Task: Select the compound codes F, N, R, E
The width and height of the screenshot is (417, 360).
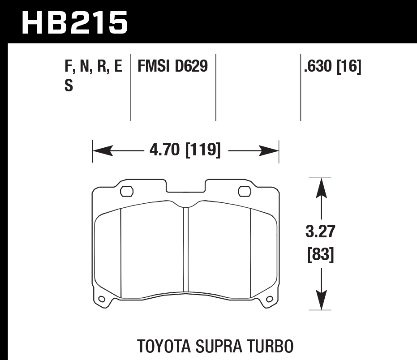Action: click(93, 67)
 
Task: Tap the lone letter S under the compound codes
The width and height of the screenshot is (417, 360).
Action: click(69, 86)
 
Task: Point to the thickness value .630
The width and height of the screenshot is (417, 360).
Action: click(319, 67)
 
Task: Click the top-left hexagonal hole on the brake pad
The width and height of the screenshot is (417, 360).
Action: click(127, 191)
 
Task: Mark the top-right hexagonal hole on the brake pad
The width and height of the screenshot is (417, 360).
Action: click(245, 191)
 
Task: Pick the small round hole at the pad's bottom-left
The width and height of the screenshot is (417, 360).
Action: click(103, 299)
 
